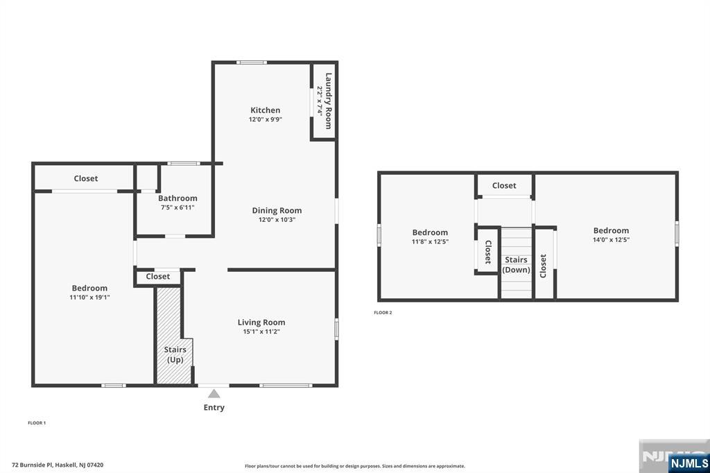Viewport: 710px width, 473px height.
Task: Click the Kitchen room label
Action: click(265, 110)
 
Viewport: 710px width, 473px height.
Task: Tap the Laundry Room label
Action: click(329, 101)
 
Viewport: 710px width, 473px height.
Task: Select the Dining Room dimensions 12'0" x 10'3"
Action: click(277, 220)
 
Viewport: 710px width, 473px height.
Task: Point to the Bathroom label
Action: click(177, 198)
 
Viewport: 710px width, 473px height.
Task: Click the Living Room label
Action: click(261, 322)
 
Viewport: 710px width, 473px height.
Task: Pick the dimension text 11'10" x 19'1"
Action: click(89, 298)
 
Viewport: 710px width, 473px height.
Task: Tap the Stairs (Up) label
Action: click(175, 354)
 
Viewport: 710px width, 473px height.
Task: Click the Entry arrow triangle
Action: click(214, 394)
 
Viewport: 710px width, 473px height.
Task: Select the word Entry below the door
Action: click(214, 408)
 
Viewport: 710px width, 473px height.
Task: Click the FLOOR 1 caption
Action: click(37, 422)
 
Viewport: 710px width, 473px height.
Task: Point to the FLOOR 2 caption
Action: click(383, 313)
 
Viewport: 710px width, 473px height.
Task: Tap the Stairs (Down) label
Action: click(517, 265)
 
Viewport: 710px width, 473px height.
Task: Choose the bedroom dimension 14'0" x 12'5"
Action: click(611, 240)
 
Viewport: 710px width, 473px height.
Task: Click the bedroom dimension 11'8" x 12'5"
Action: click(430, 242)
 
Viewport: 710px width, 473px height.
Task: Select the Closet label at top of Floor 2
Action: click(504, 186)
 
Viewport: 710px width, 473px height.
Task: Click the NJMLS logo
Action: click(689, 463)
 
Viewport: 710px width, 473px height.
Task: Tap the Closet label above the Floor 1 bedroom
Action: click(86, 179)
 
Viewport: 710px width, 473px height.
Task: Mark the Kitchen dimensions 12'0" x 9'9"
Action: click(266, 119)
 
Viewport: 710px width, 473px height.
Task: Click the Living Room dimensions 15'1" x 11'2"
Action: click(261, 332)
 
